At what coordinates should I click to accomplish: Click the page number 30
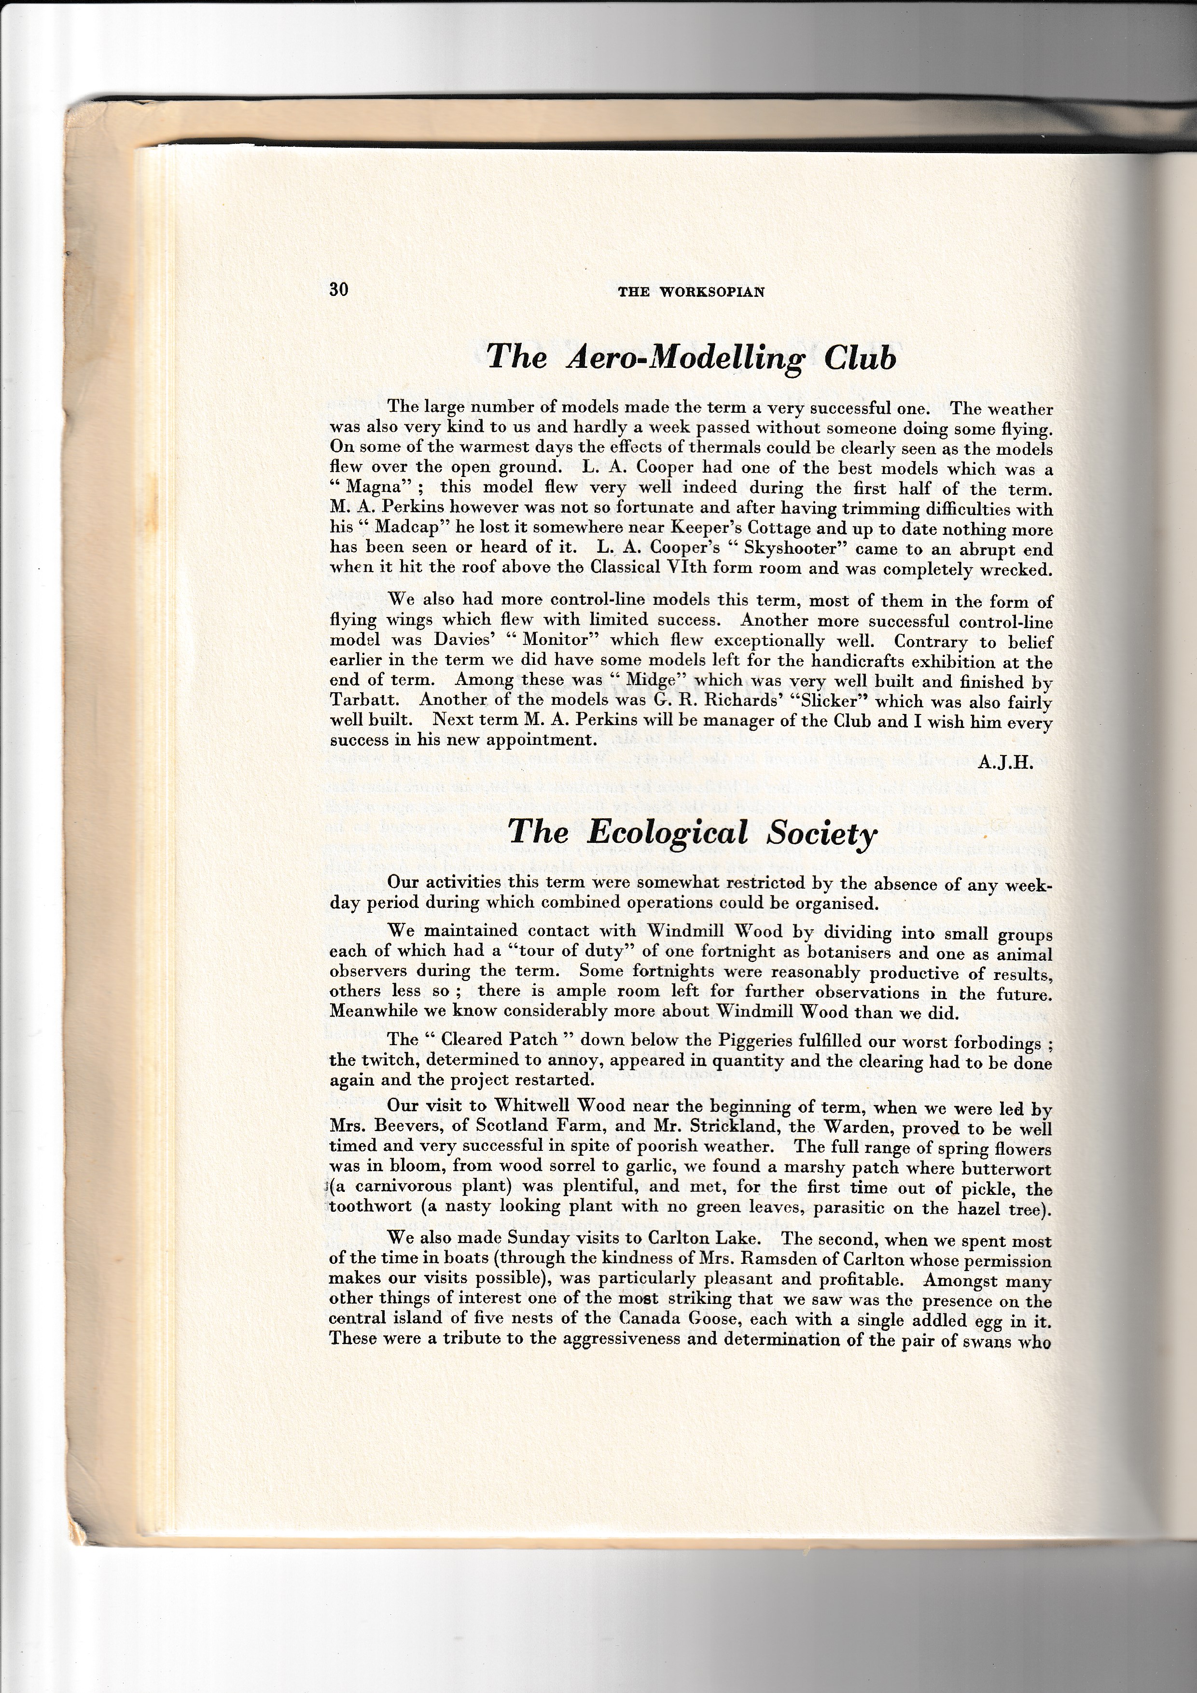338,289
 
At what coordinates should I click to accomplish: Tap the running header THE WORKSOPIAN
691,292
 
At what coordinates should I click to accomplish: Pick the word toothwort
372,1208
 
